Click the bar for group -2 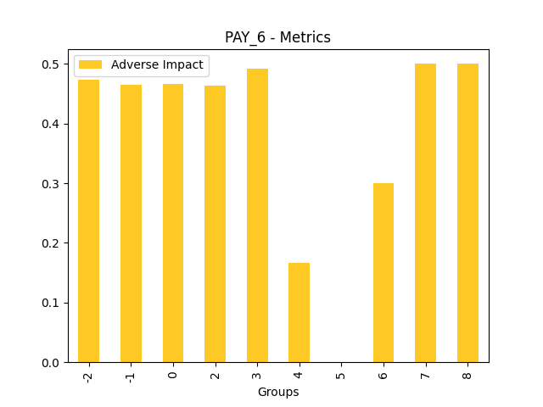click(88, 220)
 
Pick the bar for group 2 click(215, 224)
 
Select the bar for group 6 click(383, 272)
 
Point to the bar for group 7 click(425, 213)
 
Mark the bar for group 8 click(467, 213)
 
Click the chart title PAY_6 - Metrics click(277, 37)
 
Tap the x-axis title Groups click(278, 392)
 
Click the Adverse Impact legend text click(157, 65)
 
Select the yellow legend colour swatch click(90, 65)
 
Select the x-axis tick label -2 click(88, 376)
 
